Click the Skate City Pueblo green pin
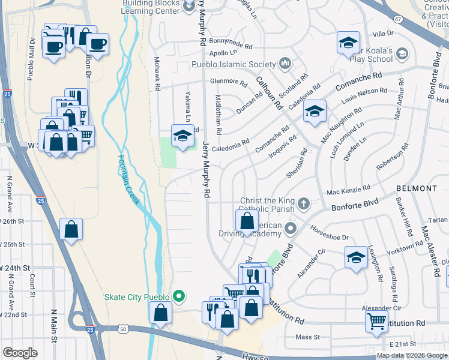coord(178,296)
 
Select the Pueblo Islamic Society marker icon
coord(285,63)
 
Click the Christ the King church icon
coord(304,203)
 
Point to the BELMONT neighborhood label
coord(417,188)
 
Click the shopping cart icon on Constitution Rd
coord(376,320)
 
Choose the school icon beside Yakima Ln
coord(182,135)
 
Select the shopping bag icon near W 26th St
coord(71,229)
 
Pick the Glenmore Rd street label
coord(228,82)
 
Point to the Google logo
coord(20,353)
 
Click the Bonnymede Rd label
coord(224,45)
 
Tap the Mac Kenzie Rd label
coord(348,191)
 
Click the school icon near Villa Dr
coord(348,43)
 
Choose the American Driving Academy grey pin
coord(291,228)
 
